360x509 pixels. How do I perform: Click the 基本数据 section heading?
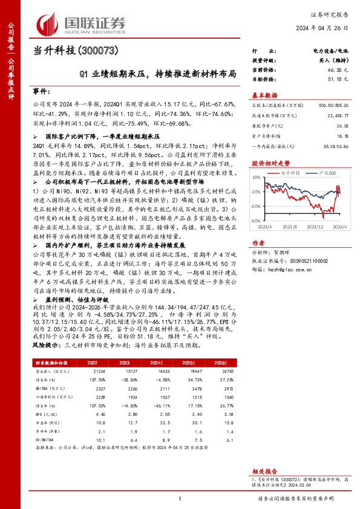(264, 96)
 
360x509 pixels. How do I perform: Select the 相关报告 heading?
(264, 469)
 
